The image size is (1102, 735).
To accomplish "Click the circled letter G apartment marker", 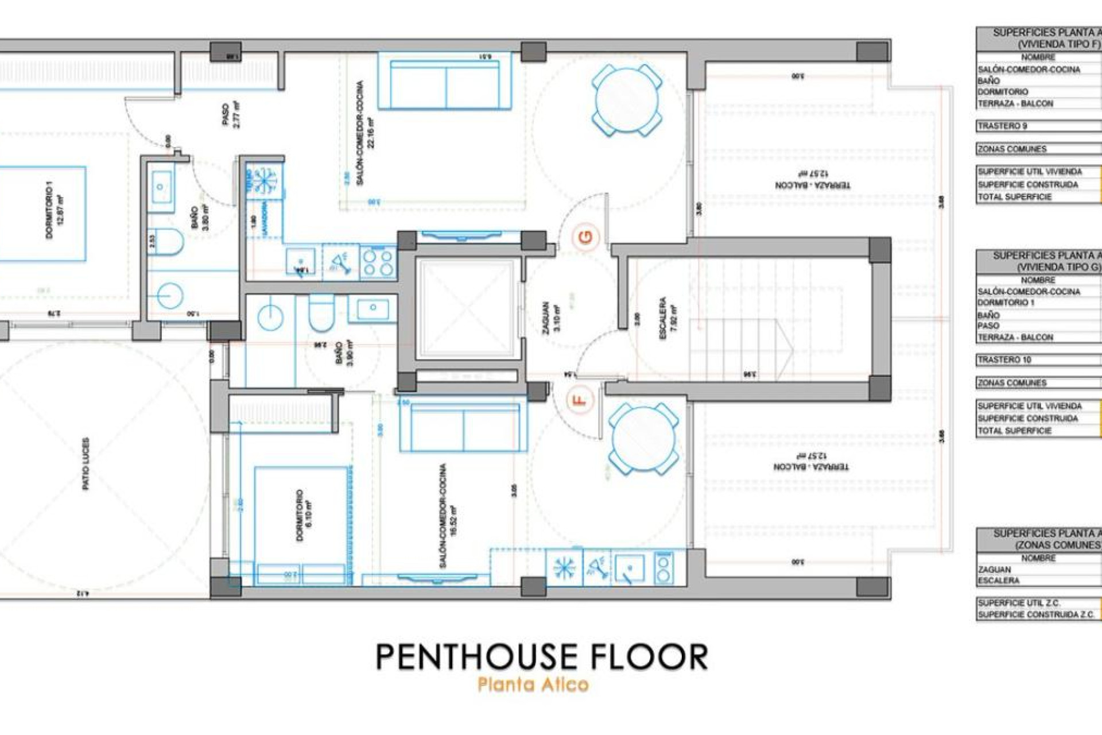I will [586, 237].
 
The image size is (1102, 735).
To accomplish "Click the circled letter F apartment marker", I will [580, 399].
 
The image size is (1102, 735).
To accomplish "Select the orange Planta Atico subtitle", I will [533, 684].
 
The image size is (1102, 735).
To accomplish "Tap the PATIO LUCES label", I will [86, 464].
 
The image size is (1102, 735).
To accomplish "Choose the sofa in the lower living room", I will [463, 428].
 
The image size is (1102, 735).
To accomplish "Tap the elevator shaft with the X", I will [465, 308].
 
